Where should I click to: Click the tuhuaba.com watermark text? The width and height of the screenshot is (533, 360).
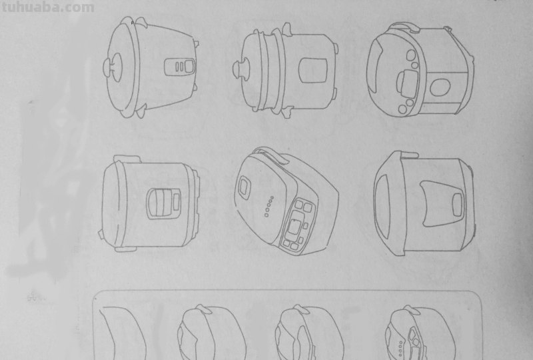[48, 7]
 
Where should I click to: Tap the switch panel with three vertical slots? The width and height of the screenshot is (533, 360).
[180, 67]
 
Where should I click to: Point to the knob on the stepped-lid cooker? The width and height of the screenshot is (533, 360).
[241, 69]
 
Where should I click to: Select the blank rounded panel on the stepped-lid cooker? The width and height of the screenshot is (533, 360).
[312, 71]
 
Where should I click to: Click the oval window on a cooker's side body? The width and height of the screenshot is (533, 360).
[440, 87]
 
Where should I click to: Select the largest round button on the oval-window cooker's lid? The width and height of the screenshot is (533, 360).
[411, 55]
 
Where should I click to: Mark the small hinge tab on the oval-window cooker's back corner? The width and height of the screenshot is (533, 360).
[447, 29]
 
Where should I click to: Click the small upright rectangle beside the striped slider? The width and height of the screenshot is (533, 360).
[177, 201]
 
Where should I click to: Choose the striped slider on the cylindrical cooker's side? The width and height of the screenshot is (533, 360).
[160, 203]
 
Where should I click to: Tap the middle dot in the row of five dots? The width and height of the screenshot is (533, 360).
[269, 206]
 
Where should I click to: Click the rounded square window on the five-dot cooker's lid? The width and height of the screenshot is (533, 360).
[244, 187]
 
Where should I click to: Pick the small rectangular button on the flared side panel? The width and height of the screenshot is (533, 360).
[458, 204]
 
